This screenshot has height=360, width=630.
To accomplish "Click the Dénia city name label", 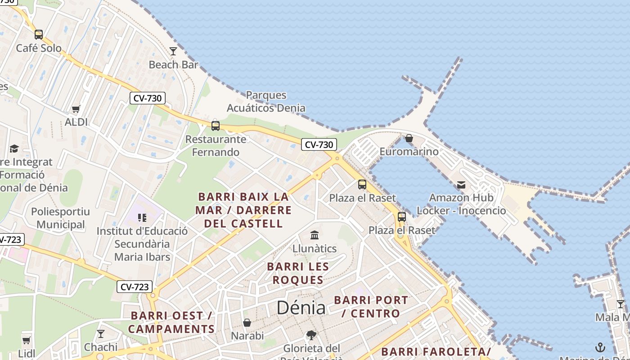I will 301,308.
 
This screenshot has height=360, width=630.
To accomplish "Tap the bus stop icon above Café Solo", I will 39,34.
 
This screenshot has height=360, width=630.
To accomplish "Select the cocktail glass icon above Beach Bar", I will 173,51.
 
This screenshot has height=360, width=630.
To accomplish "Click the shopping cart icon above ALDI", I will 76,109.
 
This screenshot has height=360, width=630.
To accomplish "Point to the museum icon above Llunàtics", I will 315,235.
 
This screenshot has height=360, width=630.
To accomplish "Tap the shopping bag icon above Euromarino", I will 409,138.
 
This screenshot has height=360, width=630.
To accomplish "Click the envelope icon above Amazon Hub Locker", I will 461,184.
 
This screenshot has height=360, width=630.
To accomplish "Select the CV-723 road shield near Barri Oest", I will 135,287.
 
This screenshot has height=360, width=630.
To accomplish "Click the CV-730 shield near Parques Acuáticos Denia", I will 319,144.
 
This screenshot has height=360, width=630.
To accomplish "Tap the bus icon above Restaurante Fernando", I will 216,126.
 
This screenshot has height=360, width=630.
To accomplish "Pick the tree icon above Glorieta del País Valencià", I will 311,335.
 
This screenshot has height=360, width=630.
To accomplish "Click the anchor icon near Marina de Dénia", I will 600,347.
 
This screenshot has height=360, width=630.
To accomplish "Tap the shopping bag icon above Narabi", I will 247,323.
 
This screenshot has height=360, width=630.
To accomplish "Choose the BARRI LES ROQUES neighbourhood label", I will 298,273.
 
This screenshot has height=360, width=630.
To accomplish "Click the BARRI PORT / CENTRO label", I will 371,306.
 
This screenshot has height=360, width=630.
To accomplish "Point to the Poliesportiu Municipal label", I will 60,218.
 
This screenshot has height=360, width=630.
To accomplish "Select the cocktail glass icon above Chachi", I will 101,333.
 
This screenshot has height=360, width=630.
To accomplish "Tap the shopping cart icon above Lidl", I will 27,340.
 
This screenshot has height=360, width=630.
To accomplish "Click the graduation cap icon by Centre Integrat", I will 14,148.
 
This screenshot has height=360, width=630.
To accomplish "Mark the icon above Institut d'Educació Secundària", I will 142,218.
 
